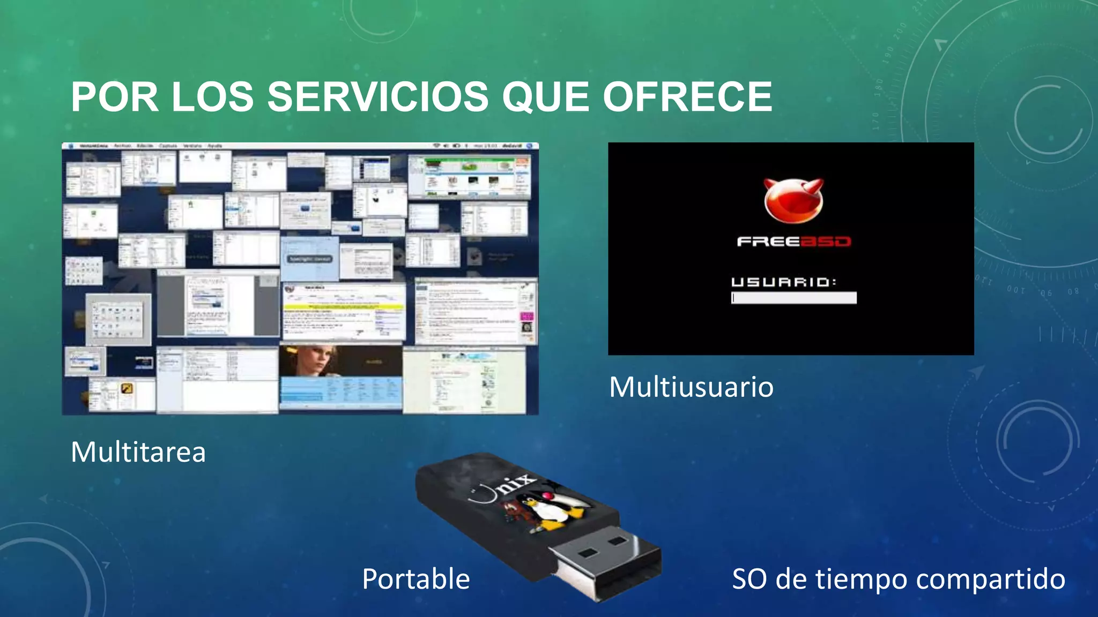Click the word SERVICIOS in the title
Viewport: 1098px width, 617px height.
tap(377, 97)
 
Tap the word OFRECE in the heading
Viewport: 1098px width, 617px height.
tap(687, 97)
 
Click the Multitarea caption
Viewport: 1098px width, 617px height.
tap(138, 452)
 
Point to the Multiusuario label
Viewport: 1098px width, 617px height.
tap(691, 387)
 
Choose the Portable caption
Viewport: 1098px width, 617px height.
tap(416, 579)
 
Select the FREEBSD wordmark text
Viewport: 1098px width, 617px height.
tap(793, 242)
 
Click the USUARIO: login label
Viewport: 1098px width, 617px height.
tap(783, 282)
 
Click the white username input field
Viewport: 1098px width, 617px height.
tap(794, 298)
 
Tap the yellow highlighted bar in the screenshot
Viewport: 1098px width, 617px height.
tap(343, 307)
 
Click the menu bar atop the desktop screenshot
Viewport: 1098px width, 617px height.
tap(300, 146)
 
